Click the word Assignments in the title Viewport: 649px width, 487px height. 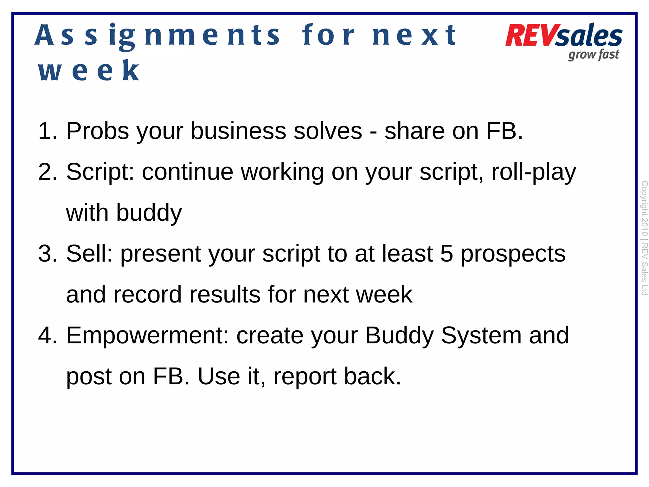click(x=157, y=36)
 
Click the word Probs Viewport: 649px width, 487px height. click(x=98, y=131)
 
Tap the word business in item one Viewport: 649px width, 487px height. click(x=238, y=131)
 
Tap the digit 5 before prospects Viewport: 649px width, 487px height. click(x=447, y=253)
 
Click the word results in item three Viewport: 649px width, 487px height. click(x=225, y=294)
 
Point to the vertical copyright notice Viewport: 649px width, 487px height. click(x=644, y=238)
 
